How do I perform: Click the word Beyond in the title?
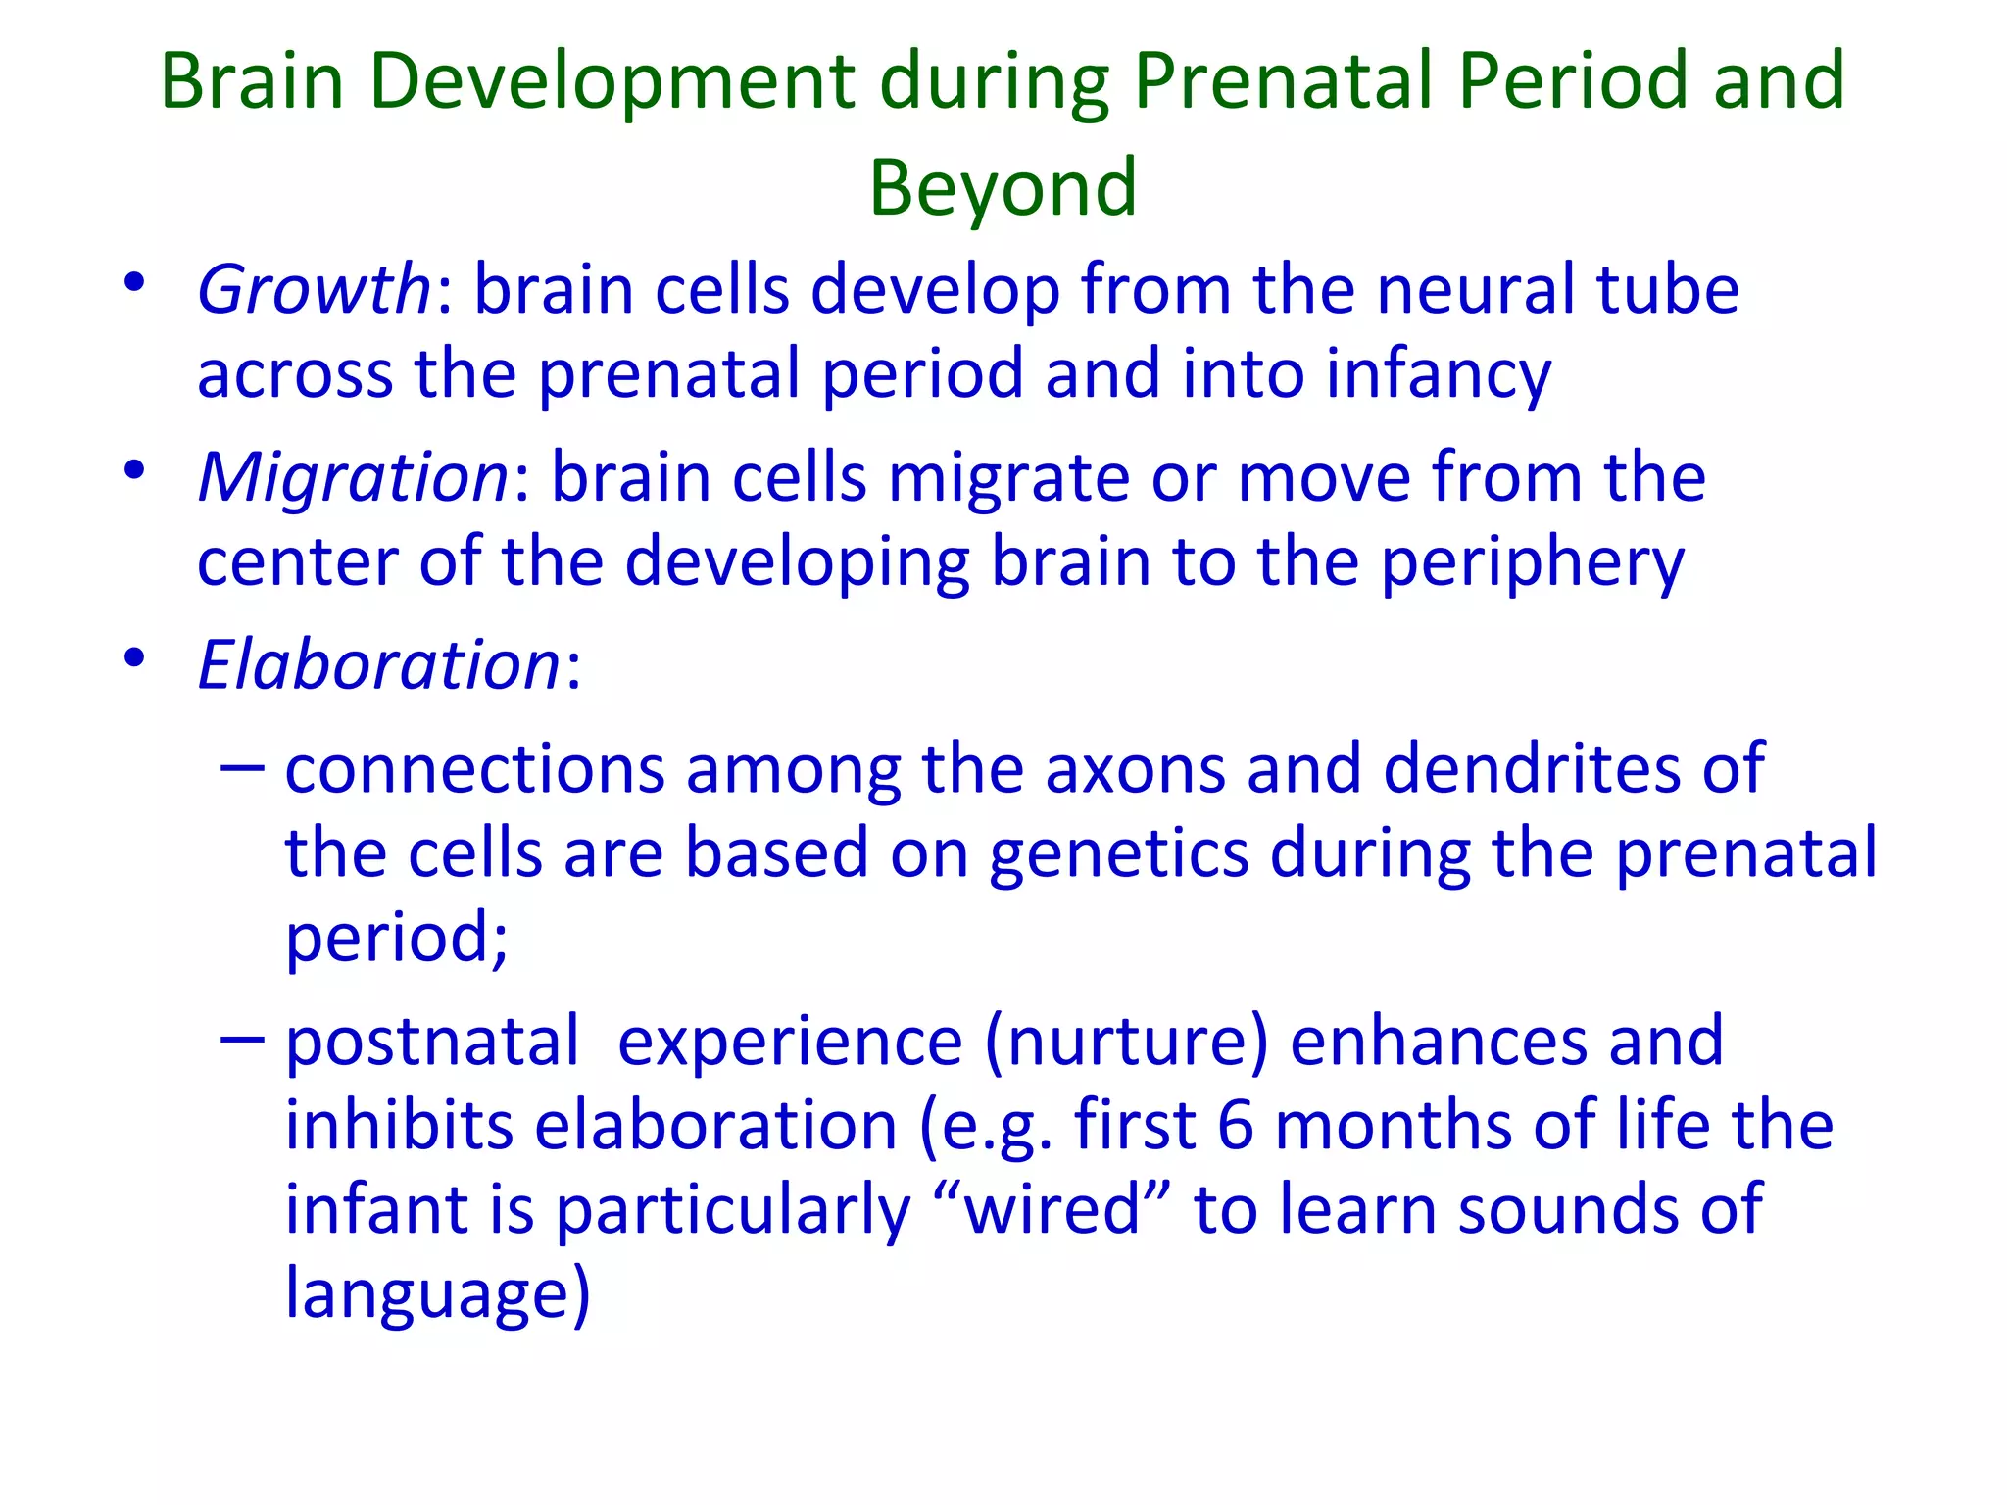pyautogui.click(x=1003, y=188)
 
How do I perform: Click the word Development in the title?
pyautogui.click(x=612, y=83)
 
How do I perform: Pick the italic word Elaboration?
pyautogui.click(x=378, y=665)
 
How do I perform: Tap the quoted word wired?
pyautogui.click(x=1052, y=1209)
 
